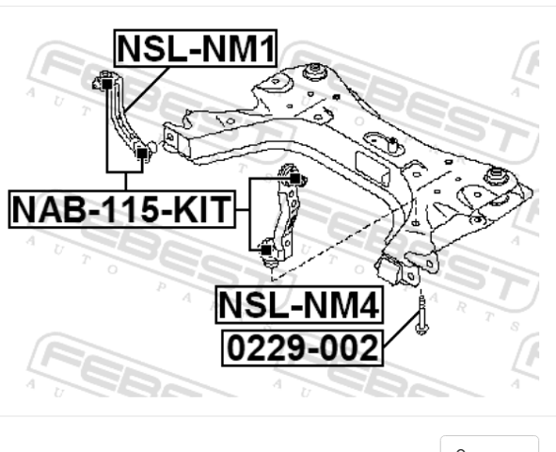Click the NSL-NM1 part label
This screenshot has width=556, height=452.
pos(196,48)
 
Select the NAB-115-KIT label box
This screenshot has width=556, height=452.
pos(122,209)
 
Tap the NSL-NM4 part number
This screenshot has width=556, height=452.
pos(299,305)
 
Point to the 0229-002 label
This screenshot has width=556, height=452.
pos(303,348)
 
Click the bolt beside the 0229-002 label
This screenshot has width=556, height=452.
pos(421,315)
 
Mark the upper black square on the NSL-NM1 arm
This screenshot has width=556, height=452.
pos(106,85)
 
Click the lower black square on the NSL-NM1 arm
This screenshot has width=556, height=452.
pos(142,153)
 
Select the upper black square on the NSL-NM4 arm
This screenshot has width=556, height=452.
pos(294,179)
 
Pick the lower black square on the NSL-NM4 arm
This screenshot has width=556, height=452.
pos(266,250)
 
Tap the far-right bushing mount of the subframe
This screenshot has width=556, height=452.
pos(496,176)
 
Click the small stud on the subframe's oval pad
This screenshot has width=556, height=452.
pos(391,144)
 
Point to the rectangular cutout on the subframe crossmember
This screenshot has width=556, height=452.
pos(373,169)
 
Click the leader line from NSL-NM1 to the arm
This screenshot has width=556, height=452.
pos(147,89)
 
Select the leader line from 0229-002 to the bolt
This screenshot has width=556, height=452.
pos(402,329)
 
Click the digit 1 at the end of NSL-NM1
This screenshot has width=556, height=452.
pos(268,49)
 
